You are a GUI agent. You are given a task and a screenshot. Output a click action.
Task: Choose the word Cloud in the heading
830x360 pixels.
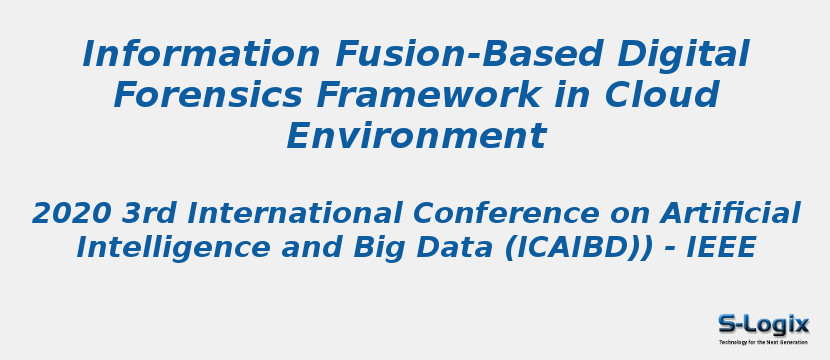point(661,95)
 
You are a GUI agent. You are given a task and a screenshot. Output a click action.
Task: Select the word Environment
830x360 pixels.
point(415,136)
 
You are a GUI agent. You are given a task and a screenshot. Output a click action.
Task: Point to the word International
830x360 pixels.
point(295,213)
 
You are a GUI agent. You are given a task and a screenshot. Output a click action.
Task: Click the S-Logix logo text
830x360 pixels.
point(763,324)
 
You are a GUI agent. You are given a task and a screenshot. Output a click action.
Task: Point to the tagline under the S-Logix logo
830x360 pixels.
point(763,342)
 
